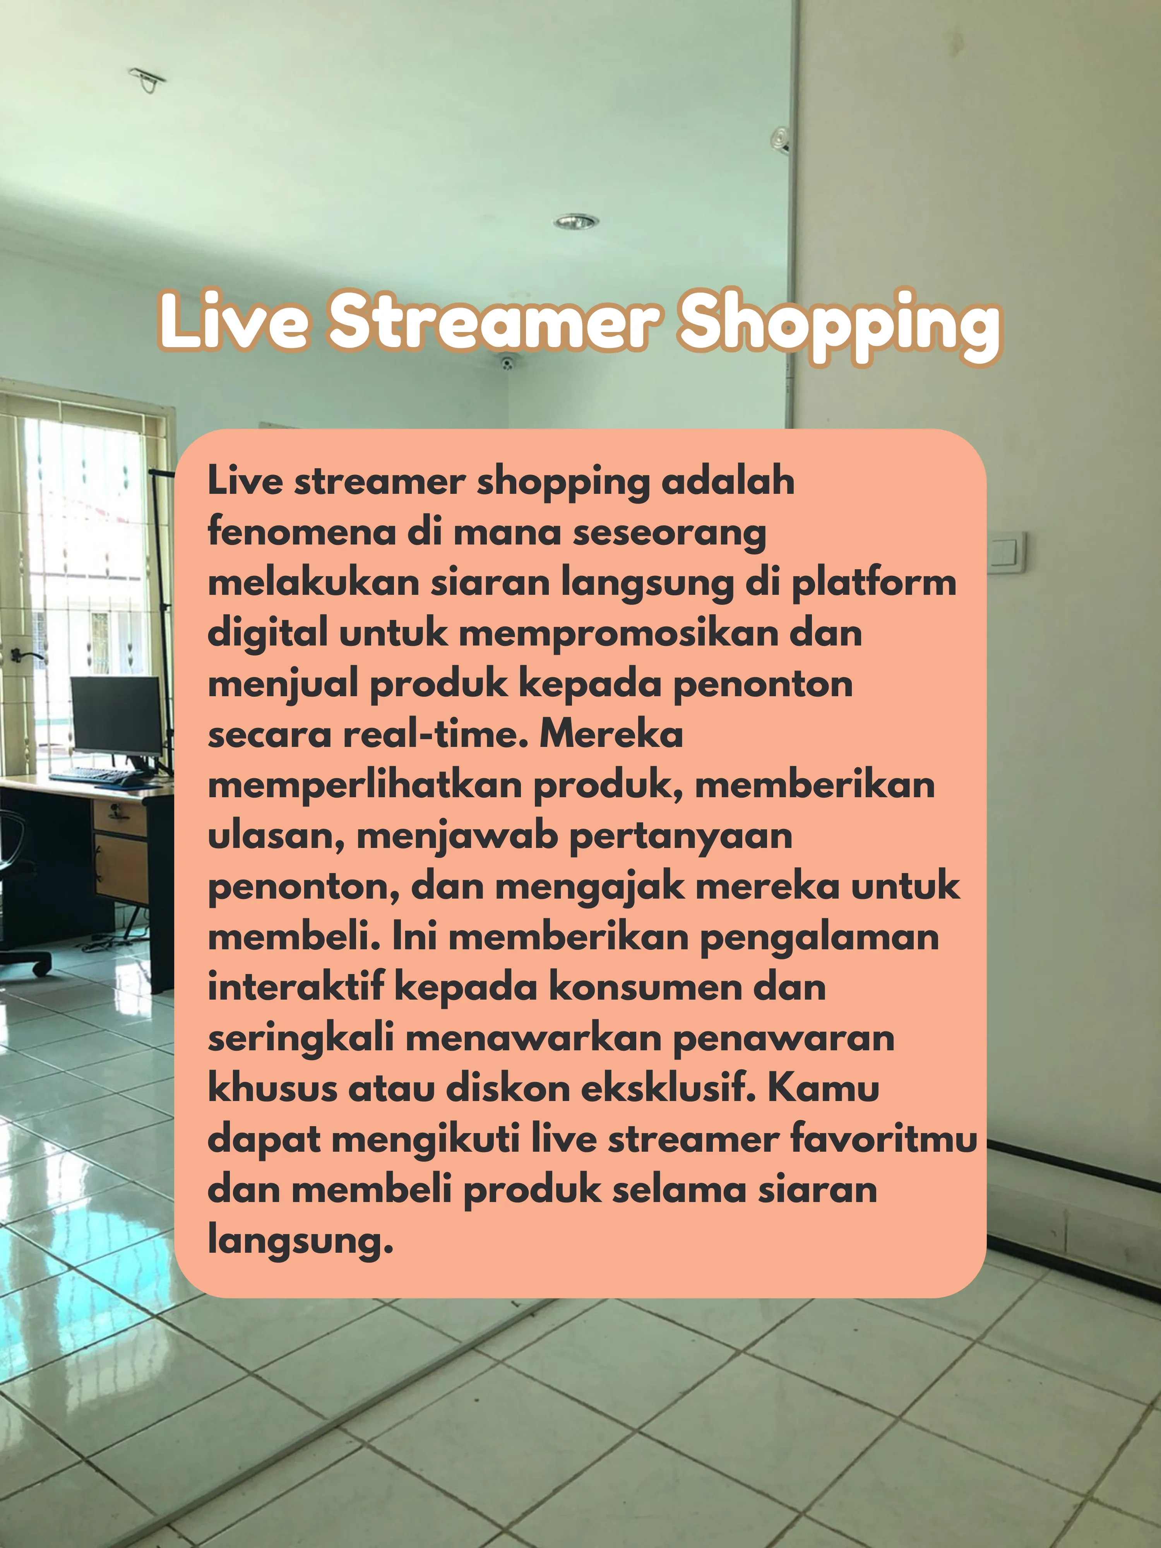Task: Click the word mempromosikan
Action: [x=619, y=634]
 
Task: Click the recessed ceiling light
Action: [x=576, y=222]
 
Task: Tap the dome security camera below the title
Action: [x=507, y=363]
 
